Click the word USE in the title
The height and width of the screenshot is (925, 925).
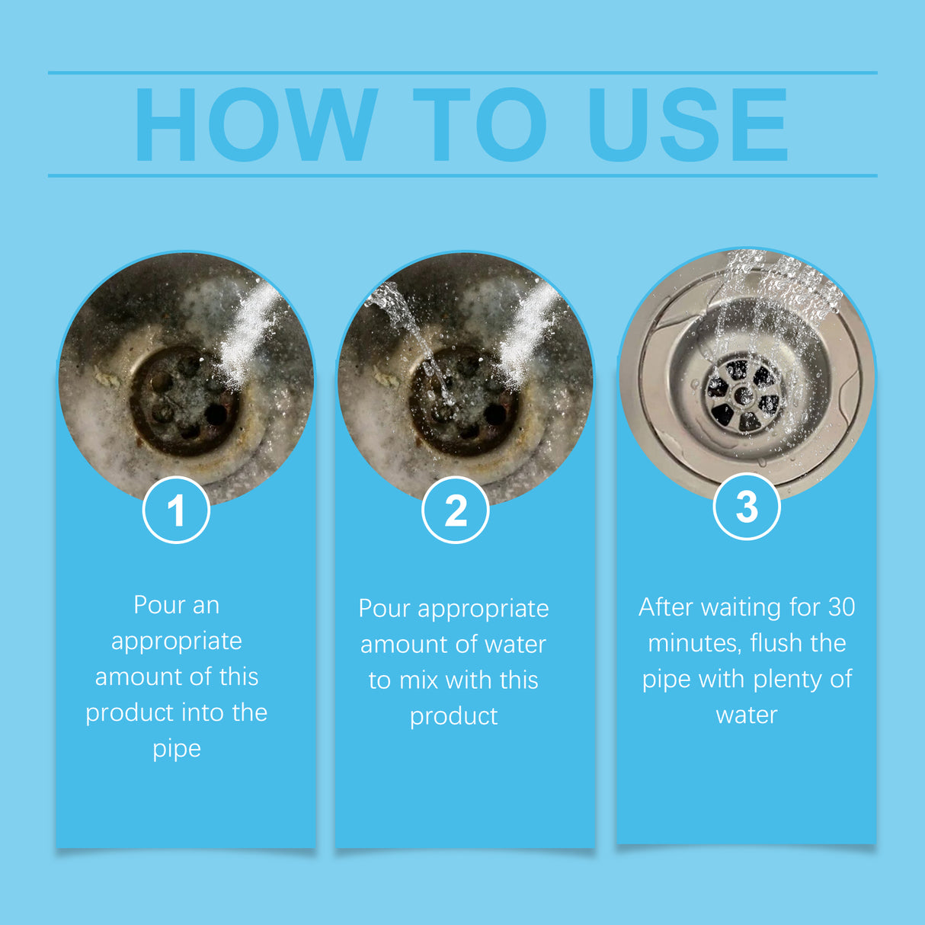click(x=687, y=125)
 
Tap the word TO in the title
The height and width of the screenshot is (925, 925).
click(x=479, y=125)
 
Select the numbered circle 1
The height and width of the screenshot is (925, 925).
click(x=176, y=510)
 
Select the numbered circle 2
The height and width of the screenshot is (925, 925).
click(x=455, y=510)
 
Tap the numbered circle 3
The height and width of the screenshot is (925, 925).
click(x=747, y=507)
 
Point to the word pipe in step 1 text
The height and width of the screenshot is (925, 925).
click(x=177, y=749)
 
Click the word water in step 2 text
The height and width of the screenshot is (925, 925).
click(x=515, y=645)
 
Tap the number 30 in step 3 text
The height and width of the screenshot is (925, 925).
click(x=841, y=607)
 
